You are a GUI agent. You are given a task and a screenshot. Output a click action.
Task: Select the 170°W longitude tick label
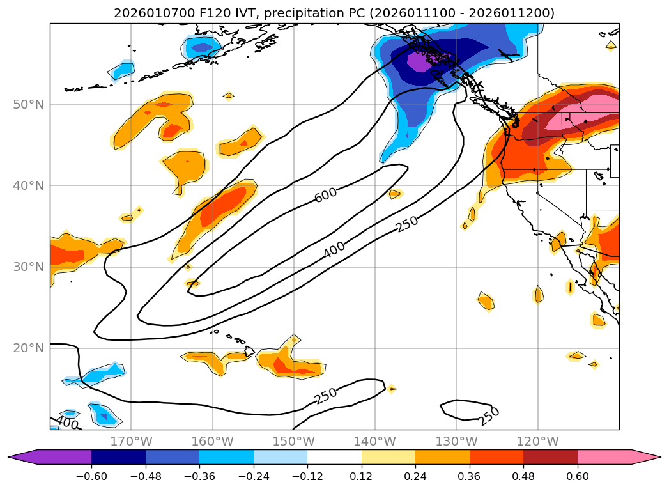click(131, 441)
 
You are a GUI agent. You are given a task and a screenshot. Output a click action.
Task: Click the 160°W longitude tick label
click(212, 441)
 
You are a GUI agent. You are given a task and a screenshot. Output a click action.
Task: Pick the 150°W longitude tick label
click(293, 441)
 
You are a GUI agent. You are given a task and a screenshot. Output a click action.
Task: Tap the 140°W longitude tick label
click(374, 441)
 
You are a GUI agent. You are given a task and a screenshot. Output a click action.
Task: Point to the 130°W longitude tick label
click(456, 441)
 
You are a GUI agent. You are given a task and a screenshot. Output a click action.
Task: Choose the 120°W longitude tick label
click(537, 441)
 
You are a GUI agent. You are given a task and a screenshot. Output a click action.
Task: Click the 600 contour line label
click(326, 195)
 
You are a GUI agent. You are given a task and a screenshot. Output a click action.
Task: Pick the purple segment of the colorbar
click(58, 457)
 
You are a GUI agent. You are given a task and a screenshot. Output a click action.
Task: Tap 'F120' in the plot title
click(191, 13)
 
